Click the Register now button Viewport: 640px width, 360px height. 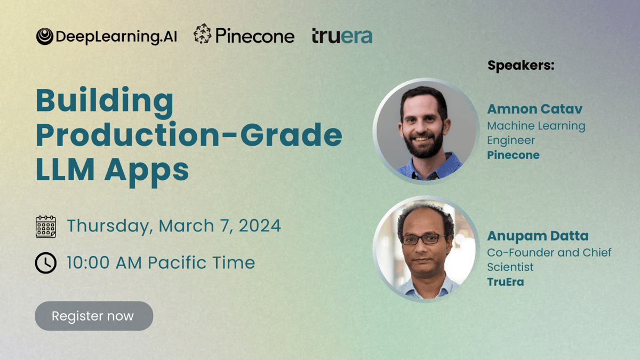click(x=94, y=316)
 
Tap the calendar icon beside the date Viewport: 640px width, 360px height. click(x=46, y=227)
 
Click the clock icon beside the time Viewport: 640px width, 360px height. click(x=46, y=263)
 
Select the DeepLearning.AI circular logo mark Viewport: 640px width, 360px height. click(x=45, y=37)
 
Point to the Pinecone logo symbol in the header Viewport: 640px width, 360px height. click(x=202, y=34)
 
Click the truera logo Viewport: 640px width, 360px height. click(x=342, y=36)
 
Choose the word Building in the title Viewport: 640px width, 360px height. click(x=105, y=101)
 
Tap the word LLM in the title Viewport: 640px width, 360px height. click(x=65, y=170)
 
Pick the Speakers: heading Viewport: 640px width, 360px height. click(x=521, y=66)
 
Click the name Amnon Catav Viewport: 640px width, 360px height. click(x=534, y=109)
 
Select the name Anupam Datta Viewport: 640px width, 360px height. click(x=538, y=236)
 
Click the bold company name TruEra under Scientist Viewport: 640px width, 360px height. click(x=506, y=282)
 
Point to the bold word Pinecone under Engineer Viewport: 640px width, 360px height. click(x=513, y=155)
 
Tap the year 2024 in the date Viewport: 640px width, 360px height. click(x=260, y=226)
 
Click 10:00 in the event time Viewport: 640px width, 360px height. click(x=88, y=263)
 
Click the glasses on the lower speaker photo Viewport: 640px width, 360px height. click(x=423, y=239)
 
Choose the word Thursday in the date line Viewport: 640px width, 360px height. click(x=108, y=226)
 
